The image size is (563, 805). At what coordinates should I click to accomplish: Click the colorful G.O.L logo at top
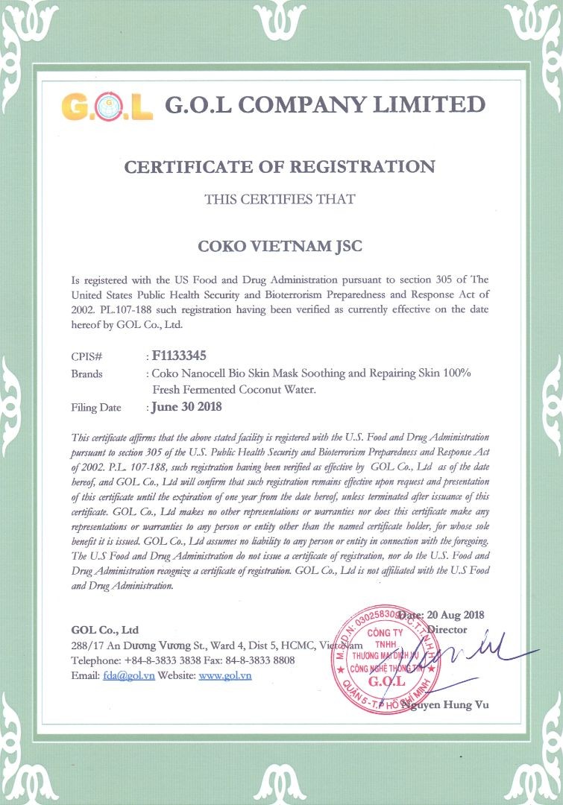[107, 105]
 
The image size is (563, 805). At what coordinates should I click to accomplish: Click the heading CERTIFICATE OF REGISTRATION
[280, 166]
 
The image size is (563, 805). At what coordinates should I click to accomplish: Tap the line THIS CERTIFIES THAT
[280, 199]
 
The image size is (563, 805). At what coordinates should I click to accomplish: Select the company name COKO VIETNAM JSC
[280, 245]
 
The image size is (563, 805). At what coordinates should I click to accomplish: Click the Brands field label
[87, 373]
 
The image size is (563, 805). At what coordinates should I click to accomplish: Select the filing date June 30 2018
[186, 407]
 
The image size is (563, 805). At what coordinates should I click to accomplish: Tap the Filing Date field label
[96, 408]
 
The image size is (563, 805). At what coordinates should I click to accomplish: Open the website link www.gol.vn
[225, 675]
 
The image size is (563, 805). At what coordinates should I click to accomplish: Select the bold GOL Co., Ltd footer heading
[105, 630]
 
